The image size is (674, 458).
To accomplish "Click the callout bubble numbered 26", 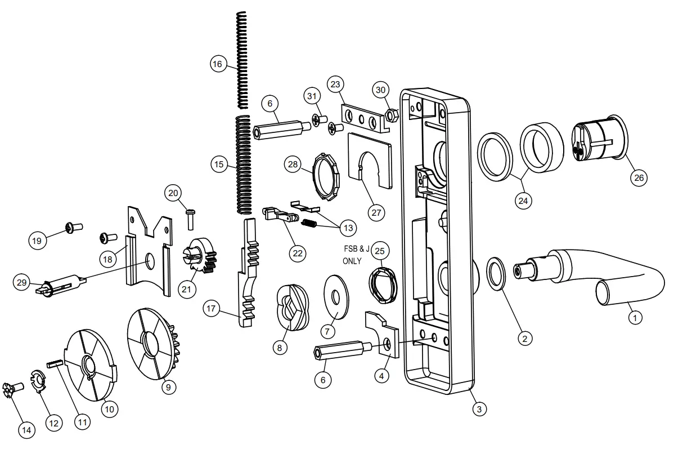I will (x=639, y=177).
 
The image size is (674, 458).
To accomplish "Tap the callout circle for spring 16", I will (x=218, y=64).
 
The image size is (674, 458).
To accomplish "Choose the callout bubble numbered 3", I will (x=479, y=409).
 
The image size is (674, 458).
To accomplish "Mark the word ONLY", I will (x=352, y=261).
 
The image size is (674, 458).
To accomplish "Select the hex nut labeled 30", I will (x=393, y=115).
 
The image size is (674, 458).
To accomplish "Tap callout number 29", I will (x=22, y=282).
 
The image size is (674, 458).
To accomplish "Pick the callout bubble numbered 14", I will (x=26, y=429).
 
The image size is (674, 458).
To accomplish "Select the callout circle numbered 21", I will (x=186, y=289).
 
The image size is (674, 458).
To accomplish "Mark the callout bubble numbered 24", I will (x=524, y=200).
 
